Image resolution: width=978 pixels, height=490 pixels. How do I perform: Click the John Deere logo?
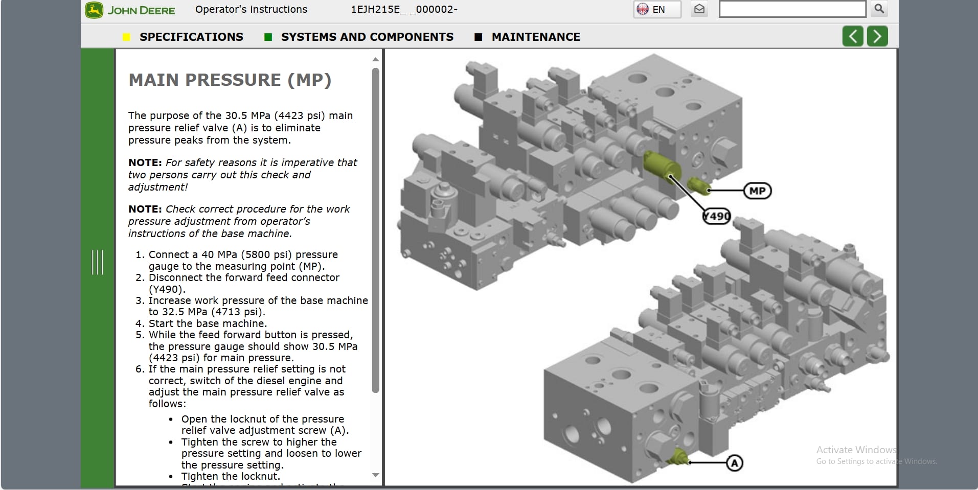coord(130,10)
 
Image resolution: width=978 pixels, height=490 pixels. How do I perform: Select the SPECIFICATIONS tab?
coord(191,37)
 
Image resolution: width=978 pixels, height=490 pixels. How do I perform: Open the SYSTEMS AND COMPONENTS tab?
coord(367,37)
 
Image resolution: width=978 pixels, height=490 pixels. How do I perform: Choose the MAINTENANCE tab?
coord(535,37)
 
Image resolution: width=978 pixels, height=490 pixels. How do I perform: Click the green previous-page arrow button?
coord(852,36)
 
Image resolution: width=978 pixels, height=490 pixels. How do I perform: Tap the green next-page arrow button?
coord(877,36)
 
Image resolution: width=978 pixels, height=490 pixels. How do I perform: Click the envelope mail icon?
coord(699,9)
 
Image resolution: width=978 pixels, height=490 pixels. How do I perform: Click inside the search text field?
coord(791,9)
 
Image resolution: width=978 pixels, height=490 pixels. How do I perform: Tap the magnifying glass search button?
coord(879,9)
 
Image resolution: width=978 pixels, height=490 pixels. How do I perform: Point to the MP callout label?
coord(757,191)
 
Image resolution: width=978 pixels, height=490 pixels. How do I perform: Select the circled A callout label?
coord(735,463)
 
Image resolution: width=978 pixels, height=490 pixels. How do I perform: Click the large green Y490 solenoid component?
coord(661,165)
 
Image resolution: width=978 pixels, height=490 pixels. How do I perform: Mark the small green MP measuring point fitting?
coord(698,185)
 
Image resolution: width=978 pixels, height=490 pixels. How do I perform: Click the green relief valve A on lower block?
coord(678,456)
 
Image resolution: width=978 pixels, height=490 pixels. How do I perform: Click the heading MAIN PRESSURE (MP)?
coord(230,80)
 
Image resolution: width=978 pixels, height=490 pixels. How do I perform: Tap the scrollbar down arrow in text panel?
coord(376,475)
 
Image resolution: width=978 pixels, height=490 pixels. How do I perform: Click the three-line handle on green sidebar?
coord(97,262)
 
